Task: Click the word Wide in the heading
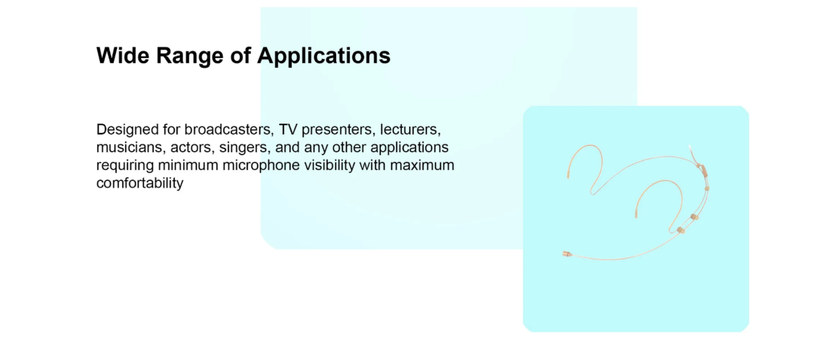coord(122,56)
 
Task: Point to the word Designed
coord(128,130)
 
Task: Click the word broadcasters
coord(229,129)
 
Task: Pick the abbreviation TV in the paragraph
coord(288,129)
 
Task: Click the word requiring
coord(125,165)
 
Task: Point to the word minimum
coord(188,165)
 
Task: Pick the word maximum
coord(422,165)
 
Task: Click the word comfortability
coord(140,183)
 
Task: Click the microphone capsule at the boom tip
coord(567,254)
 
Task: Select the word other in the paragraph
coord(349,147)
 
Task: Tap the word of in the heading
coord(241,56)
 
